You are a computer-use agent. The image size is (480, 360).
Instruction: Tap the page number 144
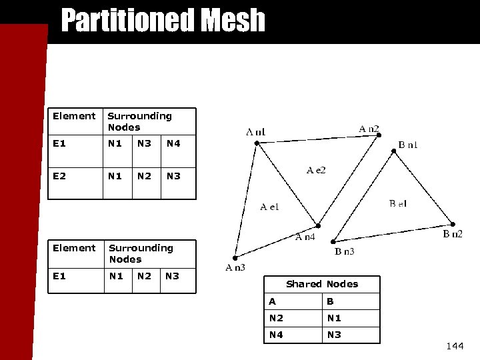(x=455, y=346)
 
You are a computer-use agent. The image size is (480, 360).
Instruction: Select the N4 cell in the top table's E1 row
(x=173, y=143)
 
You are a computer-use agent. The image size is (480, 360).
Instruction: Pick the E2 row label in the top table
(x=60, y=176)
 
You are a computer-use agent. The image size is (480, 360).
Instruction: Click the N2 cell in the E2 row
(x=143, y=176)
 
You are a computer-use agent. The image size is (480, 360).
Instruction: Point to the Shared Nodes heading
(x=322, y=284)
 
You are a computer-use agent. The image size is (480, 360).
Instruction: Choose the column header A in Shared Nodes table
(x=272, y=301)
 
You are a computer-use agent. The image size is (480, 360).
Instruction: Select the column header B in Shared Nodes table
(x=329, y=301)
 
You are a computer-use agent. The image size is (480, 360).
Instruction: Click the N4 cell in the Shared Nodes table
(x=275, y=335)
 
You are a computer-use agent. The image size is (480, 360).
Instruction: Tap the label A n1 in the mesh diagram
(x=255, y=132)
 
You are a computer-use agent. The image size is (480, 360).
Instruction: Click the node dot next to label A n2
(x=379, y=135)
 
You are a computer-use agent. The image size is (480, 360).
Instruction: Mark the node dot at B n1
(x=394, y=151)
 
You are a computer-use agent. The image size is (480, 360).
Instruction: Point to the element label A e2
(x=316, y=171)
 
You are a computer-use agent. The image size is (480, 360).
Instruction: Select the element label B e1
(x=398, y=203)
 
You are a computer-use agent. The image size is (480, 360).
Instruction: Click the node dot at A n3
(x=235, y=258)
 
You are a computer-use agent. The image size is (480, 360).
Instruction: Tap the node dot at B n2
(x=453, y=225)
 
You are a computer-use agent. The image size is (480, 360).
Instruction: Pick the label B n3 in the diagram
(x=344, y=251)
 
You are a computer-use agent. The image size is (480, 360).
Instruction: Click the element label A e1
(x=269, y=207)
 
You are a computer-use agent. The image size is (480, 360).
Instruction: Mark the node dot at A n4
(x=319, y=225)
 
